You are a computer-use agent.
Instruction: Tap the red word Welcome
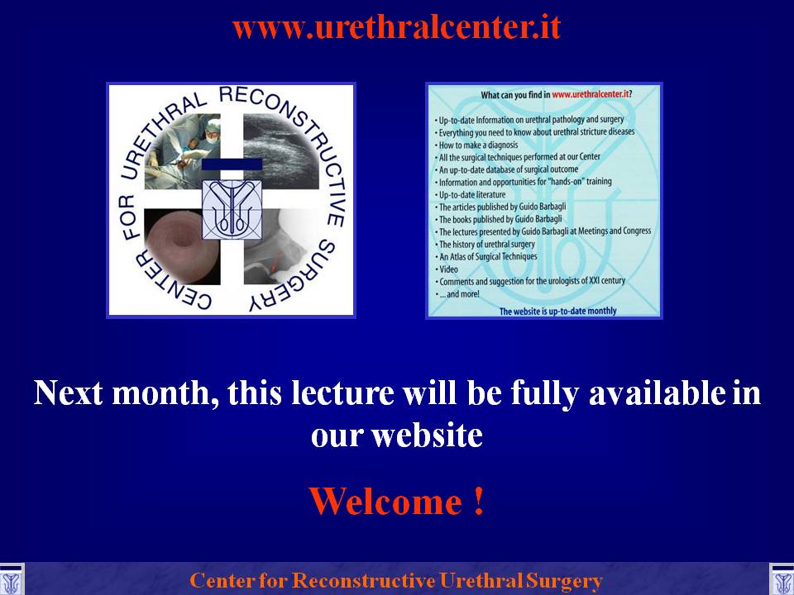click(x=385, y=502)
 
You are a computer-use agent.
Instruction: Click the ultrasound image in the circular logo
click(x=281, y=151)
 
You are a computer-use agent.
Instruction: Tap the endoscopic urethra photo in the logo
click(x=182, y=247)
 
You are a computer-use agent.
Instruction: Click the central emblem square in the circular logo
click(x=232, y=209)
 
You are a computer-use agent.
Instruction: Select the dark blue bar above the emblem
click(x=232, y=164)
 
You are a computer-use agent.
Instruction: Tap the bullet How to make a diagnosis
click(x=476, y=145)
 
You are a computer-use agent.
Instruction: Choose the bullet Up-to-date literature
click(x=470, y=194)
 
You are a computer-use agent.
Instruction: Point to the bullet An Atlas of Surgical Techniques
click(x=485, y=256)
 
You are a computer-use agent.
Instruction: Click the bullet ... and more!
click(x=457, y=294)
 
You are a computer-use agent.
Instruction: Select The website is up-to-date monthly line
click(x=557, y=312)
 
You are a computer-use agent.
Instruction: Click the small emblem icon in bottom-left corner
click(x=11, y=580)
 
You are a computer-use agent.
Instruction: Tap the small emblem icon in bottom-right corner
click(x=782, y=580)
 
